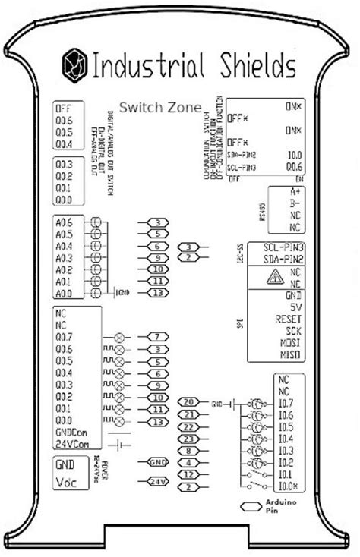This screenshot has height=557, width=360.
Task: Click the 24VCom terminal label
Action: (73, 444)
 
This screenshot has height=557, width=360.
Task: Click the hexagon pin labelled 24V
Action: (158, 481)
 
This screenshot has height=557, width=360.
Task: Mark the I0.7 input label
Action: (286, 402)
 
